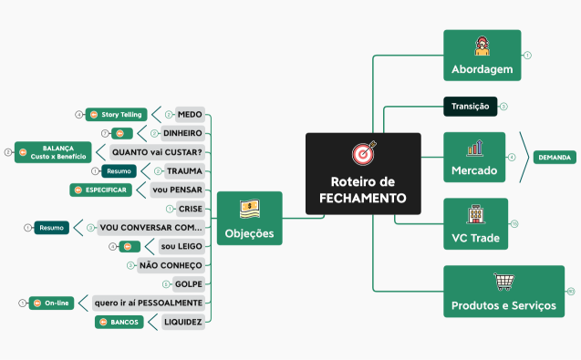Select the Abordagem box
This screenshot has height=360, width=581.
[x=482, y=56]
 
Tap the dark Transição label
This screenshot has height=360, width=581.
[x=470, y=107]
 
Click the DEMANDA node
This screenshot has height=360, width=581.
[x=554, y=158]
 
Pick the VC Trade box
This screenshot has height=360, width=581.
[x=475, y=223]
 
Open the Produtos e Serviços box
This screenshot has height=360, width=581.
[x=503, y=292]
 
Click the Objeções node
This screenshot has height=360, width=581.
[x=249, y=219]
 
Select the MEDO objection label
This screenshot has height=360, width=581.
[x=190, y=115]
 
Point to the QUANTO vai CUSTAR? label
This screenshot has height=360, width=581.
[x=156, y=152]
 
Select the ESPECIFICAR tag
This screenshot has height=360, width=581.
[x=102, y=190]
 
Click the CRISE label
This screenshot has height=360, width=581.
[x=190, y=209]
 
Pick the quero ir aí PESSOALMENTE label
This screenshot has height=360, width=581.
[x=149, y=303]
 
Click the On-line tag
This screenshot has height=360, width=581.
[x=51, y=303]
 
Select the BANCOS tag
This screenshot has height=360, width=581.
[x=119, y=322]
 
